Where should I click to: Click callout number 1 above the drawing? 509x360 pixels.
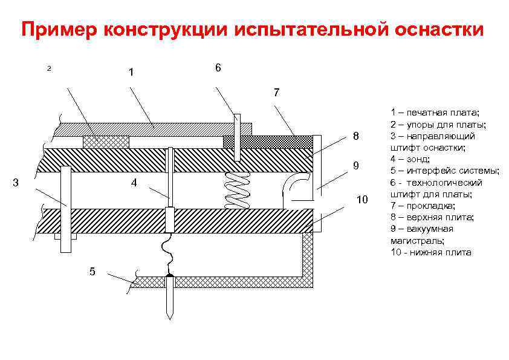pyautogui.click(x=131, y=73)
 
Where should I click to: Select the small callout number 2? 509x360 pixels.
pyautogui.click(x=49, y=68)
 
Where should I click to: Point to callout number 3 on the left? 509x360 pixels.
pyautogui.click(x=16, y=182)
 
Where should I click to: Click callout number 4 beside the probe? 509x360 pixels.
pyautogui.click(x=134, y=182)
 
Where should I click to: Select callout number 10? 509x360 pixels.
pyautogui.click(x=362, y=200)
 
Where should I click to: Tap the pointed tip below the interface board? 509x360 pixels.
pyautogui.click(x=170, y=303)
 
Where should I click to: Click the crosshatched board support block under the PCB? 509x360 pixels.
pyautogui.click(x=106, y=142)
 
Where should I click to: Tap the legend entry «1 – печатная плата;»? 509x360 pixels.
pyautogui.click(x=435, y=113)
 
